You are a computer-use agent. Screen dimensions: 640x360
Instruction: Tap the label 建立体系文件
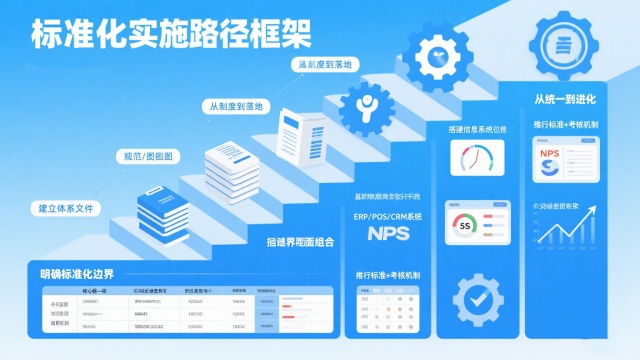click(64, 210)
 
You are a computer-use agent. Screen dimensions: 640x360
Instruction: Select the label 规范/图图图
click(147, 157)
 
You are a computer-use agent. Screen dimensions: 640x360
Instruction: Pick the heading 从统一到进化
click(565, 99)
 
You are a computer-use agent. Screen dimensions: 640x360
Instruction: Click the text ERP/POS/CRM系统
click(388, 215)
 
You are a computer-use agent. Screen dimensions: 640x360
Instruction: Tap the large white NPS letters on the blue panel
click(388, 235)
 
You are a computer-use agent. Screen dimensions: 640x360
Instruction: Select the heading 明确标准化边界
click(76, 274)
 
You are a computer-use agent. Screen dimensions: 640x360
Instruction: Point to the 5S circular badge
click(464, 226)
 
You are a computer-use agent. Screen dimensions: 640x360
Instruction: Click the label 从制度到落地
click(235, 106)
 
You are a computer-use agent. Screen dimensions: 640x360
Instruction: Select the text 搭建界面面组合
click(300, 242)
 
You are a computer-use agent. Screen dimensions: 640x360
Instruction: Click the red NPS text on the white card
click(550, 154)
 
